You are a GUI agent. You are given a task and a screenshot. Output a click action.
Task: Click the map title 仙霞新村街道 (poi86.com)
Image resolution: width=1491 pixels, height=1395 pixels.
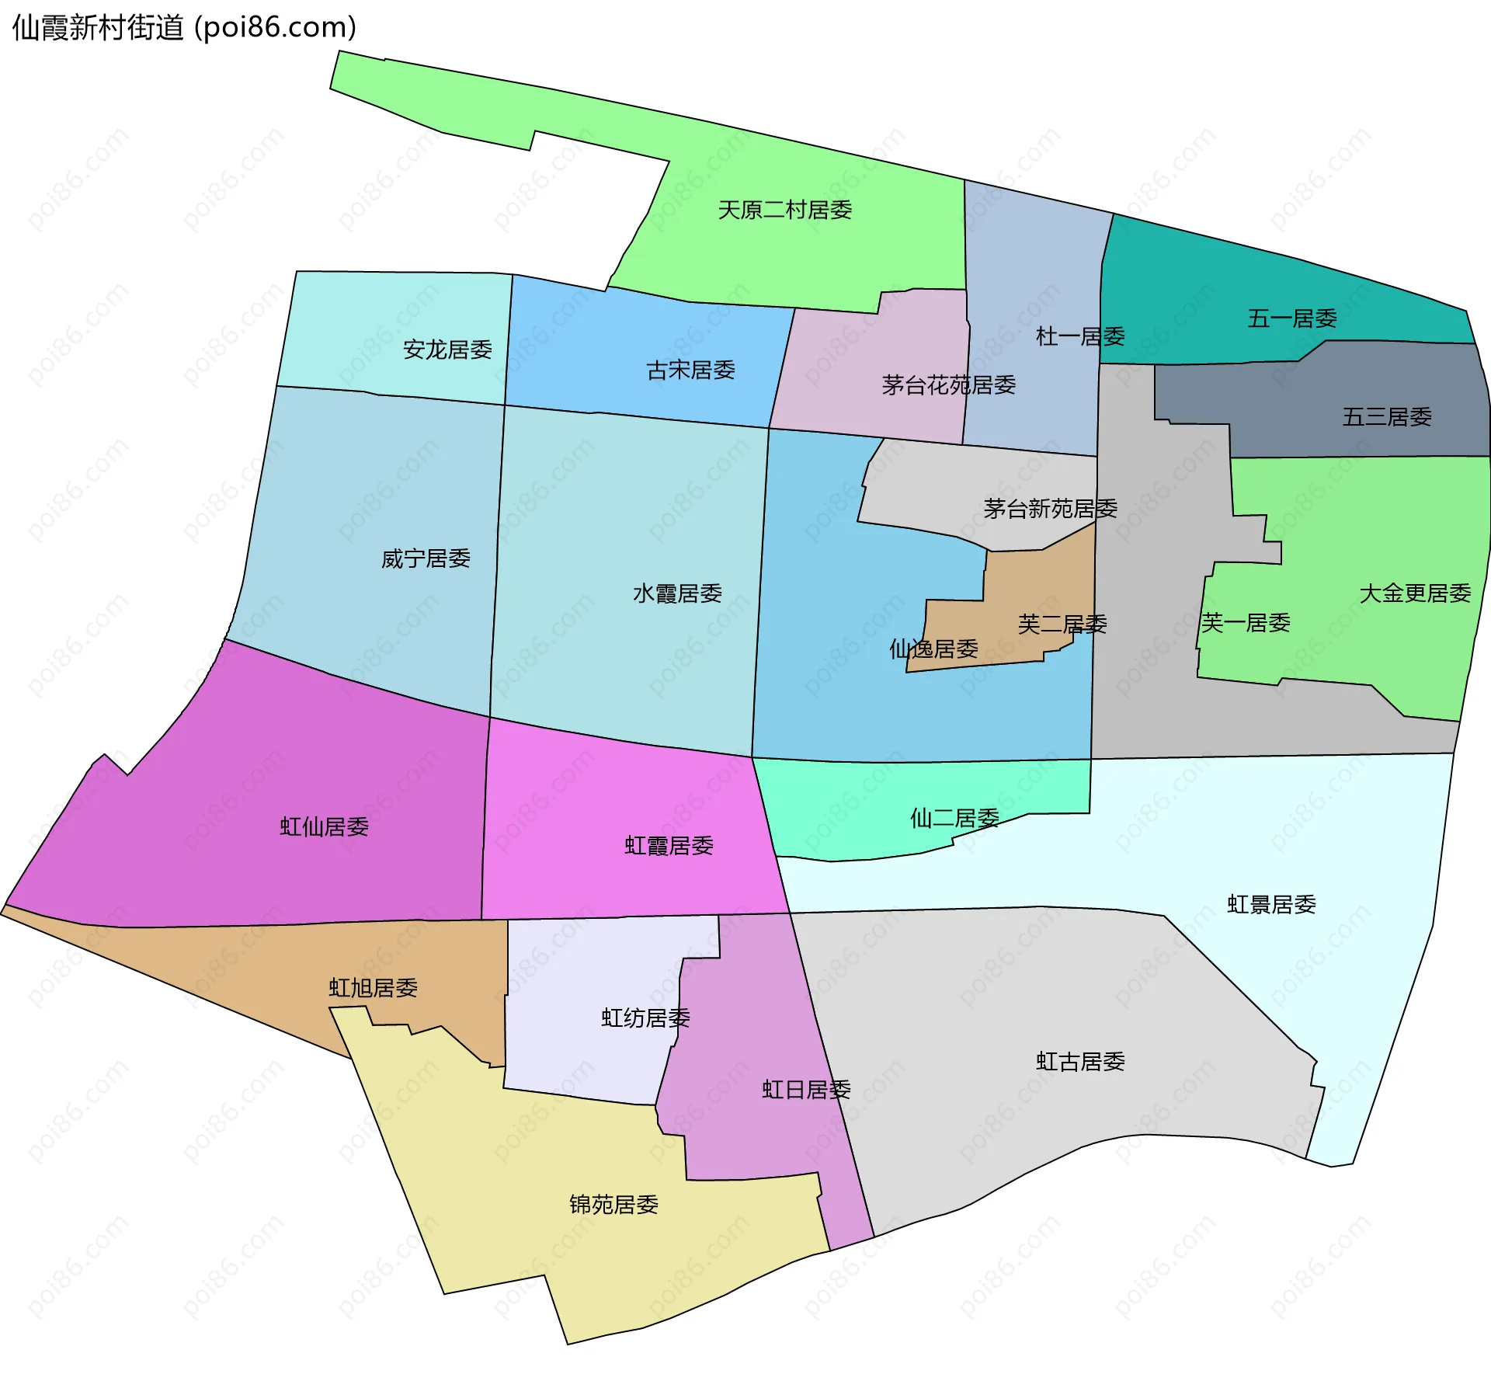184,27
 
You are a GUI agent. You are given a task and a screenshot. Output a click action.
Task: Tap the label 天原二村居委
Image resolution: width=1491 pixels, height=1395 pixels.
784,210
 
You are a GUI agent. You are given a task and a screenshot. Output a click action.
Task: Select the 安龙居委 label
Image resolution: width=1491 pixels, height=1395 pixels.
447,350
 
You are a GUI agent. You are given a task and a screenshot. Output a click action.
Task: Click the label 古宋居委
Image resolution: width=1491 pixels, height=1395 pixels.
690,370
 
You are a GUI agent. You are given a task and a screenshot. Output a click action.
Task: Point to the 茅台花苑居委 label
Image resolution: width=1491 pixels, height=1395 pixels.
948,384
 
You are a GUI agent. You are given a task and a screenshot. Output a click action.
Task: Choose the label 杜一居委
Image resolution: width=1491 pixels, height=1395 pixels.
1080,336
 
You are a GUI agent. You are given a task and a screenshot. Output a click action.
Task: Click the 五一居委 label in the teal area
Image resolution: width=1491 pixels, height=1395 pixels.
1292,318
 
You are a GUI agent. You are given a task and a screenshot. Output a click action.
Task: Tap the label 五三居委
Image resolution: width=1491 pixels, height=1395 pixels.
1387,417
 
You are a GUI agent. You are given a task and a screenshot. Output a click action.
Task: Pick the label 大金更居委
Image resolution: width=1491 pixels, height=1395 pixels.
1415,593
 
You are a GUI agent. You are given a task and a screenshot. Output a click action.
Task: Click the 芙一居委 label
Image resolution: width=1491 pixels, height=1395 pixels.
1246,623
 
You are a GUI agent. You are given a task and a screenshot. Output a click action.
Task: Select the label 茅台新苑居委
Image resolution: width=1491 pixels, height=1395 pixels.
1050,509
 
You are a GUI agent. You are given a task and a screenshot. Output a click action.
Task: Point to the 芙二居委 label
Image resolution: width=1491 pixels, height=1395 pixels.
1062,624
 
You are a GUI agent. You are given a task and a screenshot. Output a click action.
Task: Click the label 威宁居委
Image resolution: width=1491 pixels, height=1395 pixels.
426,558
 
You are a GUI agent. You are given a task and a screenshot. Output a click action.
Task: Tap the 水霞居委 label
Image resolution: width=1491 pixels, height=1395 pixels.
677,593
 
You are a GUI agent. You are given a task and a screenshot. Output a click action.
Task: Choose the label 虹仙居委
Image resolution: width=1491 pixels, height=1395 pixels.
324,826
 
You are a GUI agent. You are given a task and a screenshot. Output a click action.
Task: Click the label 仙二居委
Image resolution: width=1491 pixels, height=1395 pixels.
954,818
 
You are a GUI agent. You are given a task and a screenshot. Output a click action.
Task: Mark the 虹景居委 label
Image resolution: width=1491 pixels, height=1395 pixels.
1271,905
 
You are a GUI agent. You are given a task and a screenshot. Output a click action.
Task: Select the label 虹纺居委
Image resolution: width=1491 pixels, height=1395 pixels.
645,1018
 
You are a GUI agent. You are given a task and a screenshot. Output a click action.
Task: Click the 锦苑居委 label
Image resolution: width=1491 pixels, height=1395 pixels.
613,1205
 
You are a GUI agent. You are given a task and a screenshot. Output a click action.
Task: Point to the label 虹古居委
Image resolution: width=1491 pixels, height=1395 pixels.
1080,1062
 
